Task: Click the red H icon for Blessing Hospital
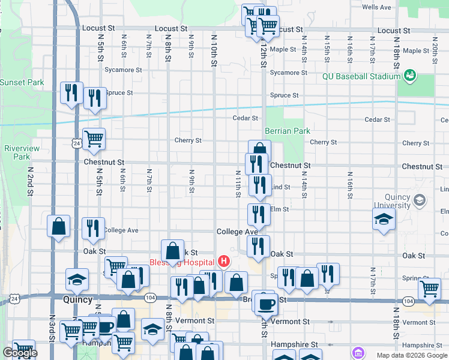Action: (224, 261)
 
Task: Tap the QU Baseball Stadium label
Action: (361, 76)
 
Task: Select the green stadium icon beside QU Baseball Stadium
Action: (411, 76)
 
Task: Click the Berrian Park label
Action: (288, 131)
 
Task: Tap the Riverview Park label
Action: (22, 152)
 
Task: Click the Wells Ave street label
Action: (376, 7)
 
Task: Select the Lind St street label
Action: (281, 187)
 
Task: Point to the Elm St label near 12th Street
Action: (280, 209)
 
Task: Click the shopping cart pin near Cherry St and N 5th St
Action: (94, 139)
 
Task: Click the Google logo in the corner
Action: (20, 353)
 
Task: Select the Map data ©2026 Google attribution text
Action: (411, 355)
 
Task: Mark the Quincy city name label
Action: (78, 299)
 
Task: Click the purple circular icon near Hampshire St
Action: (358, 352)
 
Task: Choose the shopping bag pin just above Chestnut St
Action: (259, 151)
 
